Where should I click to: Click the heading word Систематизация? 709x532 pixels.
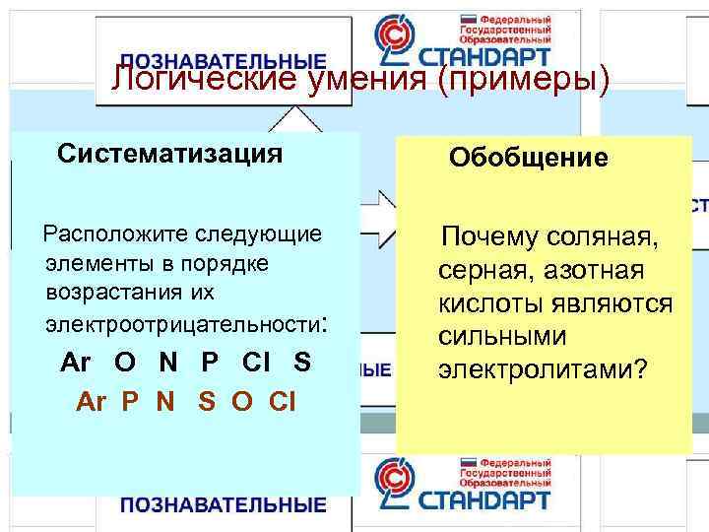(x=170, y=155)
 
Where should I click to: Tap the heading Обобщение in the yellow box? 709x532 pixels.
(x=528, y=158)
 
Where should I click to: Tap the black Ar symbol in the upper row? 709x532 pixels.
(x=76, y=363)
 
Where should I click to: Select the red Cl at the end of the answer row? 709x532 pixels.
(x=280, y=402)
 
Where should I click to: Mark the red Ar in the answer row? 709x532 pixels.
(x=91, y=402)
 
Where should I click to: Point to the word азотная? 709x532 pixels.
(x=596, y=271)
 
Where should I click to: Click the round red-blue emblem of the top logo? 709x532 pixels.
(x=398, y=39)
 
